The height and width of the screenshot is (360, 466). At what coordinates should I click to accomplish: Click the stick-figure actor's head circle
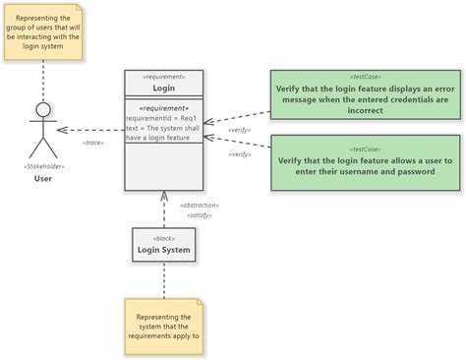[x=43, y=108]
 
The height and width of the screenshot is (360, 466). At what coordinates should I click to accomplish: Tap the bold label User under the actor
[x=43, y=178]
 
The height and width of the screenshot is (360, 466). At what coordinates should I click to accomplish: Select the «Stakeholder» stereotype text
[x=43, y=166]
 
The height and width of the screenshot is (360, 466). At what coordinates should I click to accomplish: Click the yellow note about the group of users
[x=43, y=32]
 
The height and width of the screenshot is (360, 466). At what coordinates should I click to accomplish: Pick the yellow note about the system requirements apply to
[x=164, y=327]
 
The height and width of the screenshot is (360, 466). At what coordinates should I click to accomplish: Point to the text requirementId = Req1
[x=161, y=118]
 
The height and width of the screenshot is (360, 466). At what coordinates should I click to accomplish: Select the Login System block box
[x=164, y=246]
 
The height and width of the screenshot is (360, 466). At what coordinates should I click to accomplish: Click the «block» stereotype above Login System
[x=164, y=238]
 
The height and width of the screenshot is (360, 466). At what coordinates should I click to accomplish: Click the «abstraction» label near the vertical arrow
[x=199, y=205]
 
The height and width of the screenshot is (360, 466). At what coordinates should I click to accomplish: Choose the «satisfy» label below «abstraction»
[x=199, y=214]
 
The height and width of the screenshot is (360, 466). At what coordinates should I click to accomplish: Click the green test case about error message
[x=365, y=94]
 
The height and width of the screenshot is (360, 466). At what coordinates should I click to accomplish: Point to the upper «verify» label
[x=239, y=129]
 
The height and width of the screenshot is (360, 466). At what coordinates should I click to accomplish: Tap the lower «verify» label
[x=239, y=153]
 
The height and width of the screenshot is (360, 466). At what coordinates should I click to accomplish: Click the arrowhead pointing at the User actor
[x=62, y=130]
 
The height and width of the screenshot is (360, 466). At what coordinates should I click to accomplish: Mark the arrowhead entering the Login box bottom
[x=164, y=196]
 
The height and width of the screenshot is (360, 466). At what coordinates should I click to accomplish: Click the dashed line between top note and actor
[x=43, y=79]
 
